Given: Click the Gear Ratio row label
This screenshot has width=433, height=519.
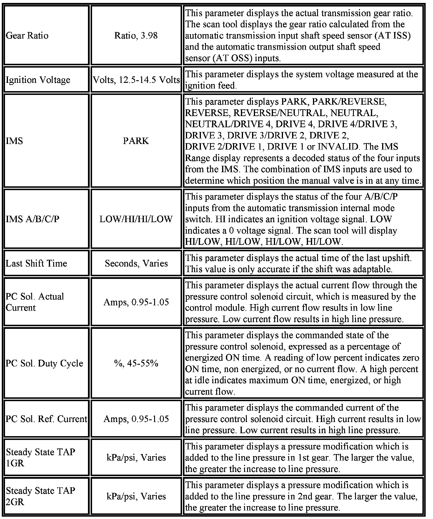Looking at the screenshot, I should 27,36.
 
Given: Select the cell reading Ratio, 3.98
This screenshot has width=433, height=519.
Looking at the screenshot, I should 136,36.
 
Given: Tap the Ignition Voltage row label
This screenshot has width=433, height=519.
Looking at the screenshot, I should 38,80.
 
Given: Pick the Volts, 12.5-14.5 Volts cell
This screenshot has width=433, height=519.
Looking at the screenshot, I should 136,80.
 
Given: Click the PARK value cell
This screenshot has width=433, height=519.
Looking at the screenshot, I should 136,141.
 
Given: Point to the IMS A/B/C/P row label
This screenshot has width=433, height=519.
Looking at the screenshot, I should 32,219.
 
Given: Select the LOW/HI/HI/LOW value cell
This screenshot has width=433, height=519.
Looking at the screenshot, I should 136,219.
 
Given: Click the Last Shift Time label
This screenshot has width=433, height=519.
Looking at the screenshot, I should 36,263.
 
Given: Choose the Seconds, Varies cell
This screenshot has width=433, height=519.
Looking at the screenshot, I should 136,263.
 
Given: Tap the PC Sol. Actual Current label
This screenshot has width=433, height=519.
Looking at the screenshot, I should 35,302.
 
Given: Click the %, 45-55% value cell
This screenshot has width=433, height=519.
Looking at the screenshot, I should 136,363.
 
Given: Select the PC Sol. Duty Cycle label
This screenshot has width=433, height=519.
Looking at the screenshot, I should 44,363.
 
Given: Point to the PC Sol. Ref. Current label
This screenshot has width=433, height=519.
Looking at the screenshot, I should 46,419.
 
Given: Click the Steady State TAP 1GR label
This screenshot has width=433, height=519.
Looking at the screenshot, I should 40,457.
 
